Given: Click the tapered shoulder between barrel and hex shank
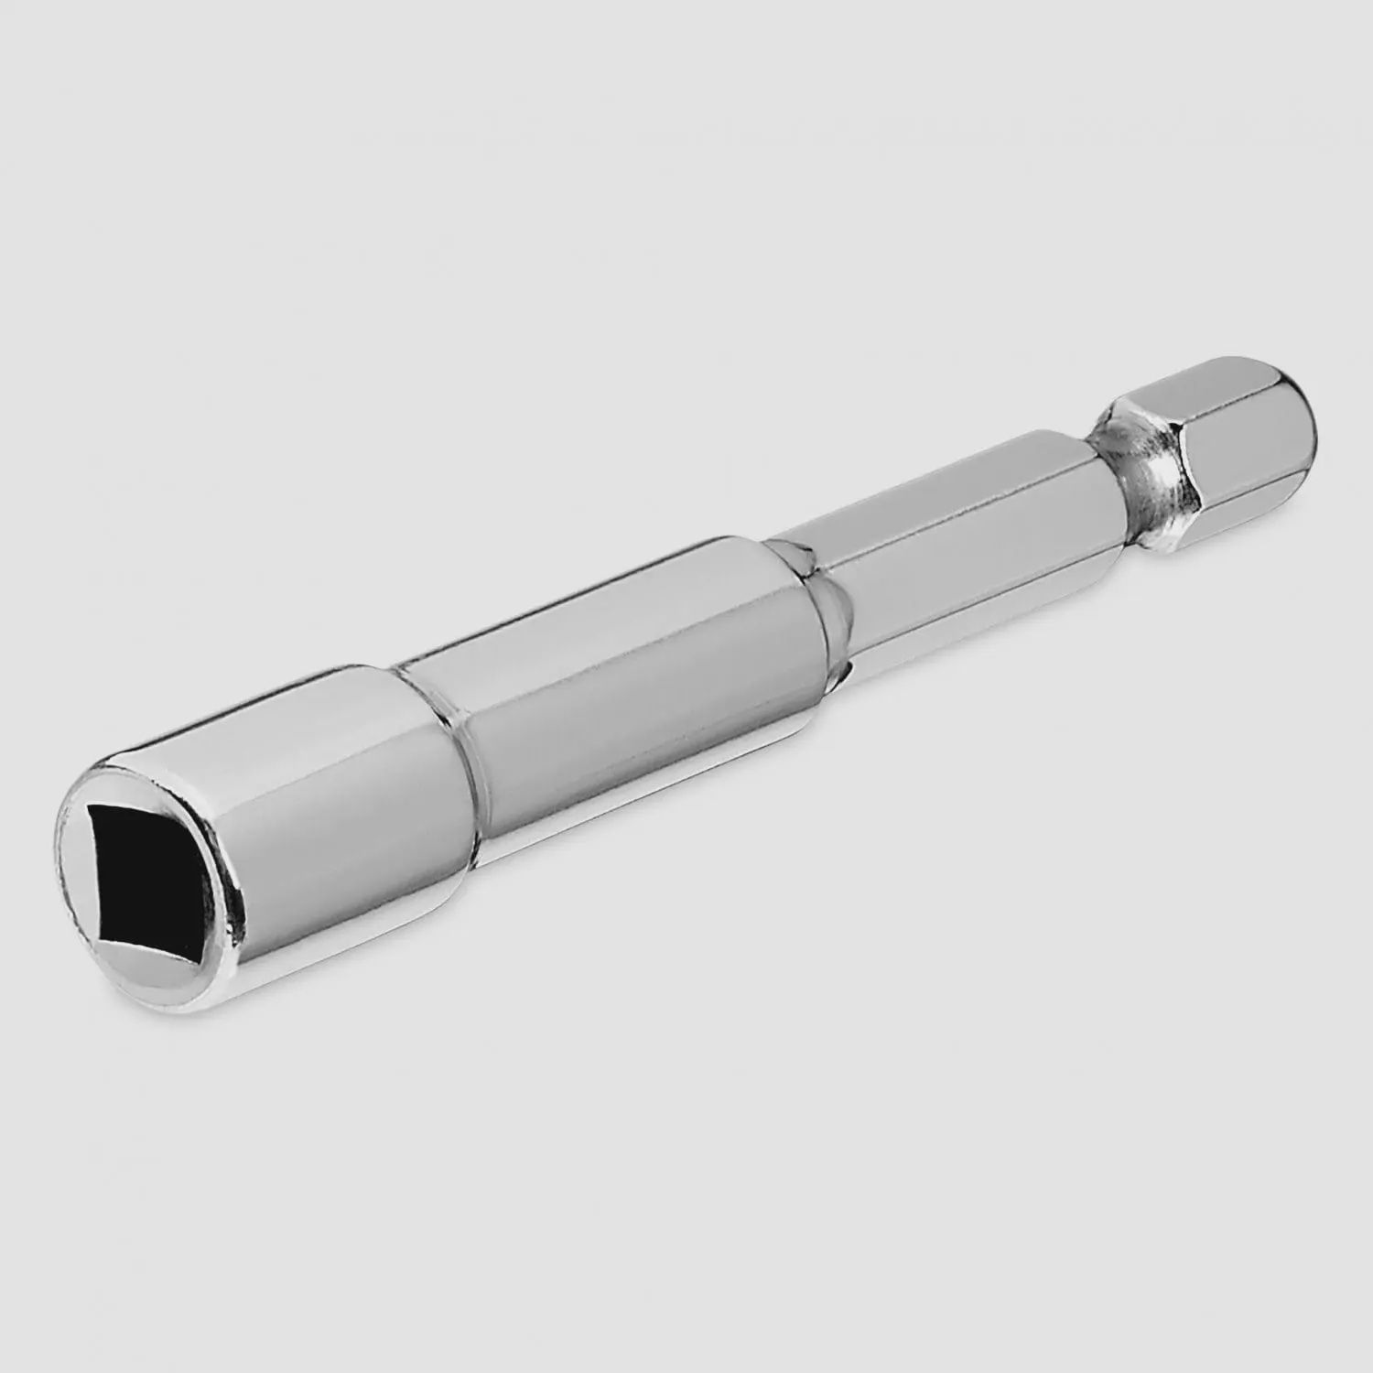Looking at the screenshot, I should (805, 586).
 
